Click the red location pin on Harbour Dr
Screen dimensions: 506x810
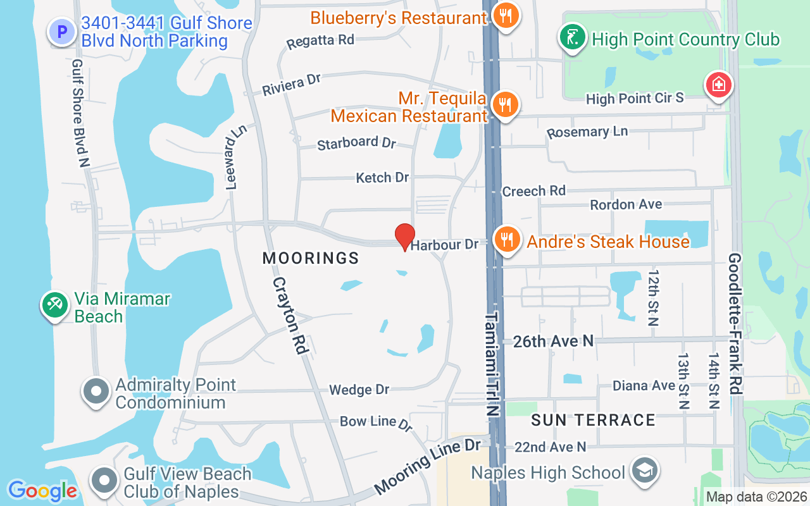(405, 236)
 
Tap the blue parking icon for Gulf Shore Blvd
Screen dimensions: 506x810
(63, 31)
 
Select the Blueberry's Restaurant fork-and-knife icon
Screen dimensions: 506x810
(504, 16)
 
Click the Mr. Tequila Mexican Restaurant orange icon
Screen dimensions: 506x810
(504, 106)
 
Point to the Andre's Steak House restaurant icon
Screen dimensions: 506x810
(506, 240)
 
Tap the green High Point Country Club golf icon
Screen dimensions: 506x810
(572, 39)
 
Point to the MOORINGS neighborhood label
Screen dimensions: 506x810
(311, 258)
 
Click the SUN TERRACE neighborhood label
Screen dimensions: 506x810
(593, 420)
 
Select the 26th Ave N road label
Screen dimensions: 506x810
(554, 341)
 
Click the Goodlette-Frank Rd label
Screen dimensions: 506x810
(735, 324)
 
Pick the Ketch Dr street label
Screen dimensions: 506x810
(382, 178)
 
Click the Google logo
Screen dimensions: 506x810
(42, 490)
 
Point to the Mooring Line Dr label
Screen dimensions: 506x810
(428, 467)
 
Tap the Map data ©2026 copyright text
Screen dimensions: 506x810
(756, 497)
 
